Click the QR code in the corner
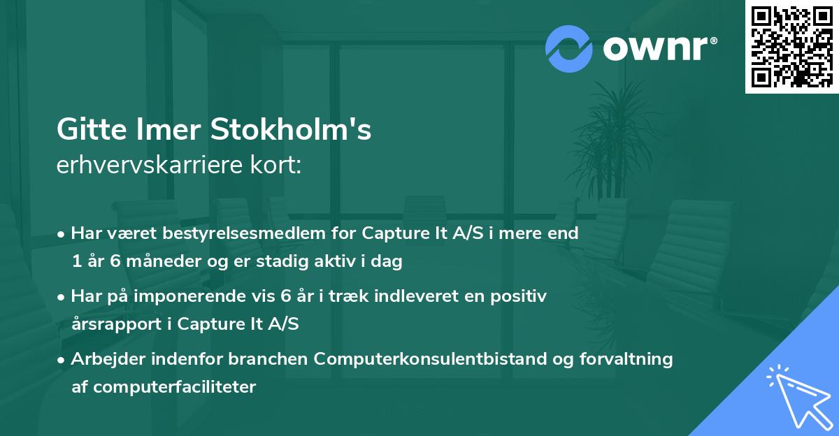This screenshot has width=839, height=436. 791,46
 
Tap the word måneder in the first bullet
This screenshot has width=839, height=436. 152,263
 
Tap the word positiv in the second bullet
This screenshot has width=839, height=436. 522,296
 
